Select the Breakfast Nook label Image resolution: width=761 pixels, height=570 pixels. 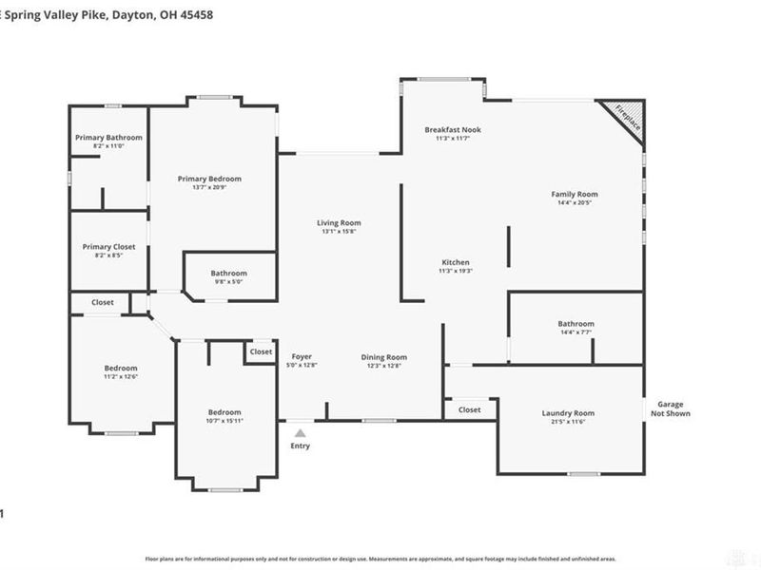[x=453, y=128]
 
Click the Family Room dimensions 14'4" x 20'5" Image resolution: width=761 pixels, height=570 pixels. [x=575, y=203]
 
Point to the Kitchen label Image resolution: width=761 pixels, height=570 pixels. [x=456, y=262]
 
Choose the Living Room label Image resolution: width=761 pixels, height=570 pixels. [x=340, y=223]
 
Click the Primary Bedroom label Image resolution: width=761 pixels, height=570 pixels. [x=209, y=179]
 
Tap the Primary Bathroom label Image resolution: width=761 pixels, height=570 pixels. [x=109, y=138]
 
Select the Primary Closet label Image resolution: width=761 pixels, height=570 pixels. [x=109, y=246]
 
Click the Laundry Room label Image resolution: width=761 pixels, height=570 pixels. [x=568, y=413]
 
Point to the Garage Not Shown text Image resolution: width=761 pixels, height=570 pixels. [x=670, y=408]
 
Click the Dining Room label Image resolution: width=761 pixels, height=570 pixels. [x=384, y=357]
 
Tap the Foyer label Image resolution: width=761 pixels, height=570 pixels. [x=302, y=357]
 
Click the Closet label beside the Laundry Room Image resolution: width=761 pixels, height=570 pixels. [x=469, y=409]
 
